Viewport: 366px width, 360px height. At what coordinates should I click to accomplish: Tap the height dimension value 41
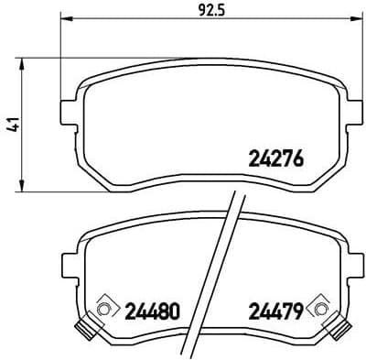[x=12, y=124]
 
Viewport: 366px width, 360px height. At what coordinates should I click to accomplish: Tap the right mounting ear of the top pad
[x=352, y=112]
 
